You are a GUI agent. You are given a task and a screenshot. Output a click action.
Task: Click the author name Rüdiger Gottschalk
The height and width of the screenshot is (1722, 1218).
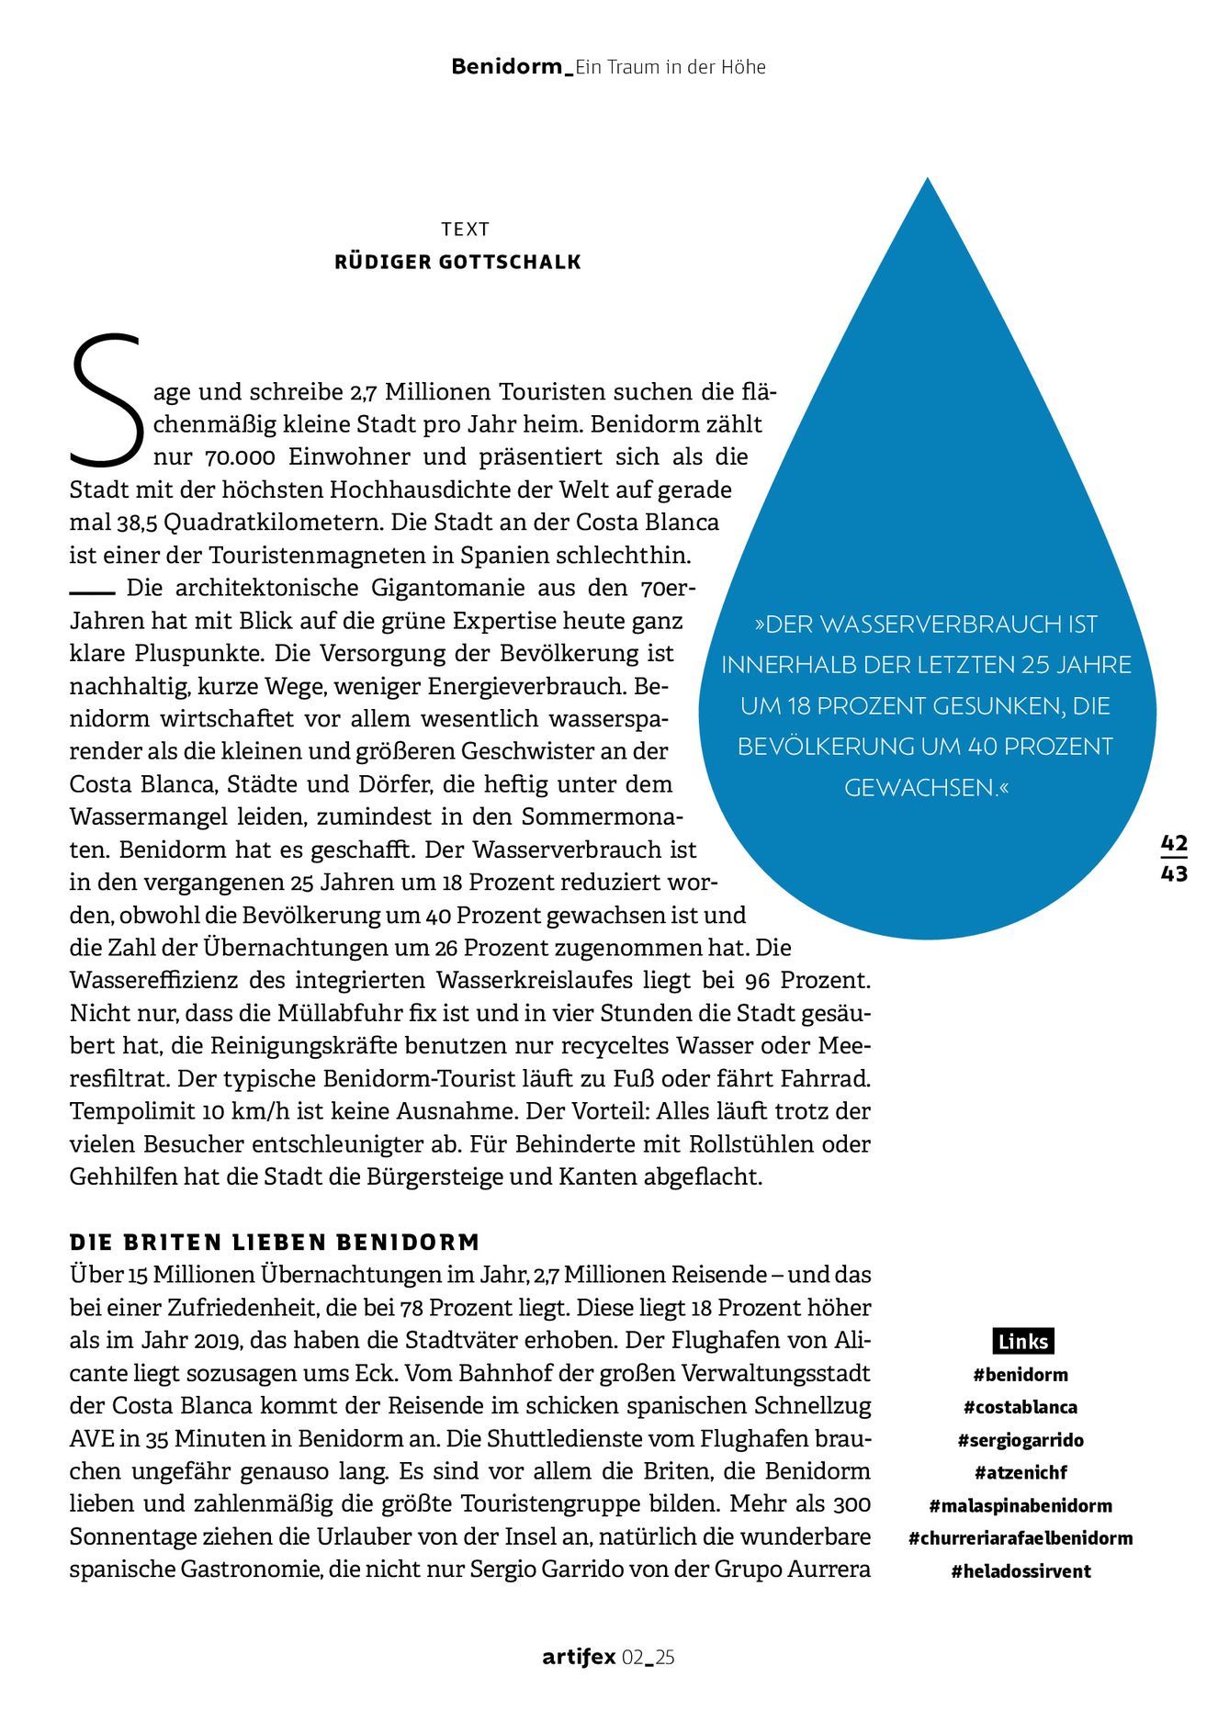click(457, 263)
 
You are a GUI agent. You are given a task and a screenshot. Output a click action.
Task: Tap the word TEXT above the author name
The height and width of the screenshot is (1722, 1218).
click(465, 230)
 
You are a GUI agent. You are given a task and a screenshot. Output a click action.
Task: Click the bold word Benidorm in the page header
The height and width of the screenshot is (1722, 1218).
click(507, 67)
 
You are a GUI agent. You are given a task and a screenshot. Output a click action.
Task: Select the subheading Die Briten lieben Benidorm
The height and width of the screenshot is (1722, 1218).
click(275, 1243)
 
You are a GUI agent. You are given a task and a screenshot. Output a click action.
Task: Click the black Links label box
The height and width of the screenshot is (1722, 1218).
click(1022, 1341)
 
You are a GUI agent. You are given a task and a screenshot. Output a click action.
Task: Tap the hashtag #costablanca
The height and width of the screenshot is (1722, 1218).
click(1021, 1407)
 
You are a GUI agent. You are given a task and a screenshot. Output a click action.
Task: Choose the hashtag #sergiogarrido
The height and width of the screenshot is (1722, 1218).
click(1021, 1440)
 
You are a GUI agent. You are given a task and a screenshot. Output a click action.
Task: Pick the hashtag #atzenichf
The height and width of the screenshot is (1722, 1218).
click(1021, 1472)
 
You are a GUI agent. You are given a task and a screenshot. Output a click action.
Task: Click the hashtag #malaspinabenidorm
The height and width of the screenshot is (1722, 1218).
click(1021, 1505)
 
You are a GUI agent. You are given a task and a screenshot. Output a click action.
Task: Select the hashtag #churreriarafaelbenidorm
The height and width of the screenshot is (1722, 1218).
click(1021, 1537)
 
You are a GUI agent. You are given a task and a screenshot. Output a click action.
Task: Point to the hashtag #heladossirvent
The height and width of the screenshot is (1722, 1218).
click(1021, 1570)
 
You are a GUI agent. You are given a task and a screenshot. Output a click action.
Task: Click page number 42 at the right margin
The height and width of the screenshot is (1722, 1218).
click(1174, 843)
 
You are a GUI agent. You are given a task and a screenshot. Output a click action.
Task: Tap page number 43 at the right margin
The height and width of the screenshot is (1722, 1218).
click(1174, 873)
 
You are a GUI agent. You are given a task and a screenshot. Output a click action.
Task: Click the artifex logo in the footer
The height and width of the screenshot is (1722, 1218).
click(579, 1658)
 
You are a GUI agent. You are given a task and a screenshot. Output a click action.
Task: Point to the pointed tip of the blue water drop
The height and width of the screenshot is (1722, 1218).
click(928, 180)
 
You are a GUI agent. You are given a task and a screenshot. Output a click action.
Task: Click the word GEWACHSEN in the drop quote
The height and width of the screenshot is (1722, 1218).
click(919, 788)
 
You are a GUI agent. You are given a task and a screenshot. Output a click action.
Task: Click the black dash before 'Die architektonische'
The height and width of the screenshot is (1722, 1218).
click(92, 590)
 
